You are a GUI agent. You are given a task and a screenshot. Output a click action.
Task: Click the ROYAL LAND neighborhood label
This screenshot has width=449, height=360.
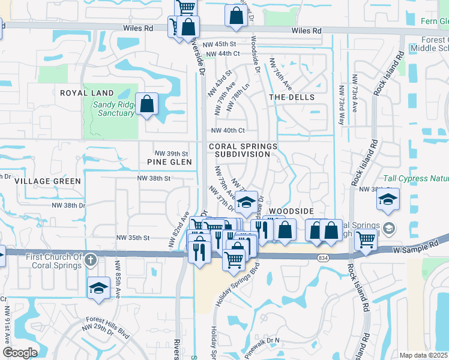(86, 93)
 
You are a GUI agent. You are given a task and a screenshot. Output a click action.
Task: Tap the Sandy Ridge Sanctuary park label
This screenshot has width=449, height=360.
(113, 109)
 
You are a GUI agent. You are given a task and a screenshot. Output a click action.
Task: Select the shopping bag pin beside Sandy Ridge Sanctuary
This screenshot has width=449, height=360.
(147, 104)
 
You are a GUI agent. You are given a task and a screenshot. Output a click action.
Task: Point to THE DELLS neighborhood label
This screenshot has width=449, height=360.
(291, 97)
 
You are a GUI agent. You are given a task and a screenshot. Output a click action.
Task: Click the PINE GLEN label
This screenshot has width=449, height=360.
(169, 162)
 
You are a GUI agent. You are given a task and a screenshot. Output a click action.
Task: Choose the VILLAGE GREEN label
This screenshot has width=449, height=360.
(47, 181)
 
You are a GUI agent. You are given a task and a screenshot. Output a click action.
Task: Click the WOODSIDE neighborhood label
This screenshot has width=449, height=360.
(291, 212)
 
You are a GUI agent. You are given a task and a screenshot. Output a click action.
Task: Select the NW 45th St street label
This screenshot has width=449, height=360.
(219, 44)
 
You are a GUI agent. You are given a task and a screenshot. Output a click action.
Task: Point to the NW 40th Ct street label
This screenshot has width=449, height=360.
(228, 130)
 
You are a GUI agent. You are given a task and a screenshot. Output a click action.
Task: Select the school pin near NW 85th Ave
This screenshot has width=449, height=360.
(98, 288)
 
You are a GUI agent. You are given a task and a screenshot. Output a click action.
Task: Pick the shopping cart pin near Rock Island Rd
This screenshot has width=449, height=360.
(366, 239)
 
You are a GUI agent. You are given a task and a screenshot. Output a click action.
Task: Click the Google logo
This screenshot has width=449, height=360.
(20, 353)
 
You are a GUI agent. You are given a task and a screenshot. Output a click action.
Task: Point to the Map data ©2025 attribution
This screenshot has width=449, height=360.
(423, 355)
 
